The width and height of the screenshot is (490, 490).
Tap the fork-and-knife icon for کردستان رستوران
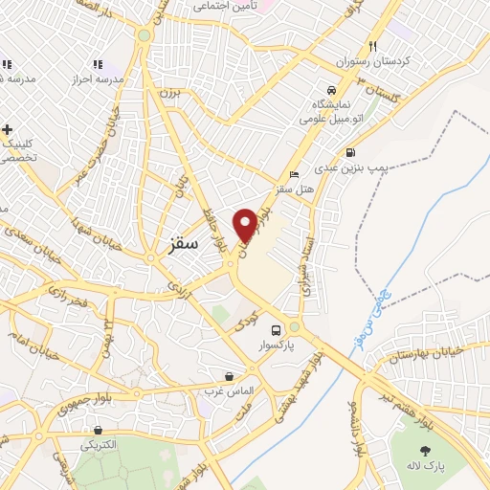pyautogui.click(x=373, y=46)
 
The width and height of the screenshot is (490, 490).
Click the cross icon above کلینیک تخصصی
pyautogui.click(x=8, y=129)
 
